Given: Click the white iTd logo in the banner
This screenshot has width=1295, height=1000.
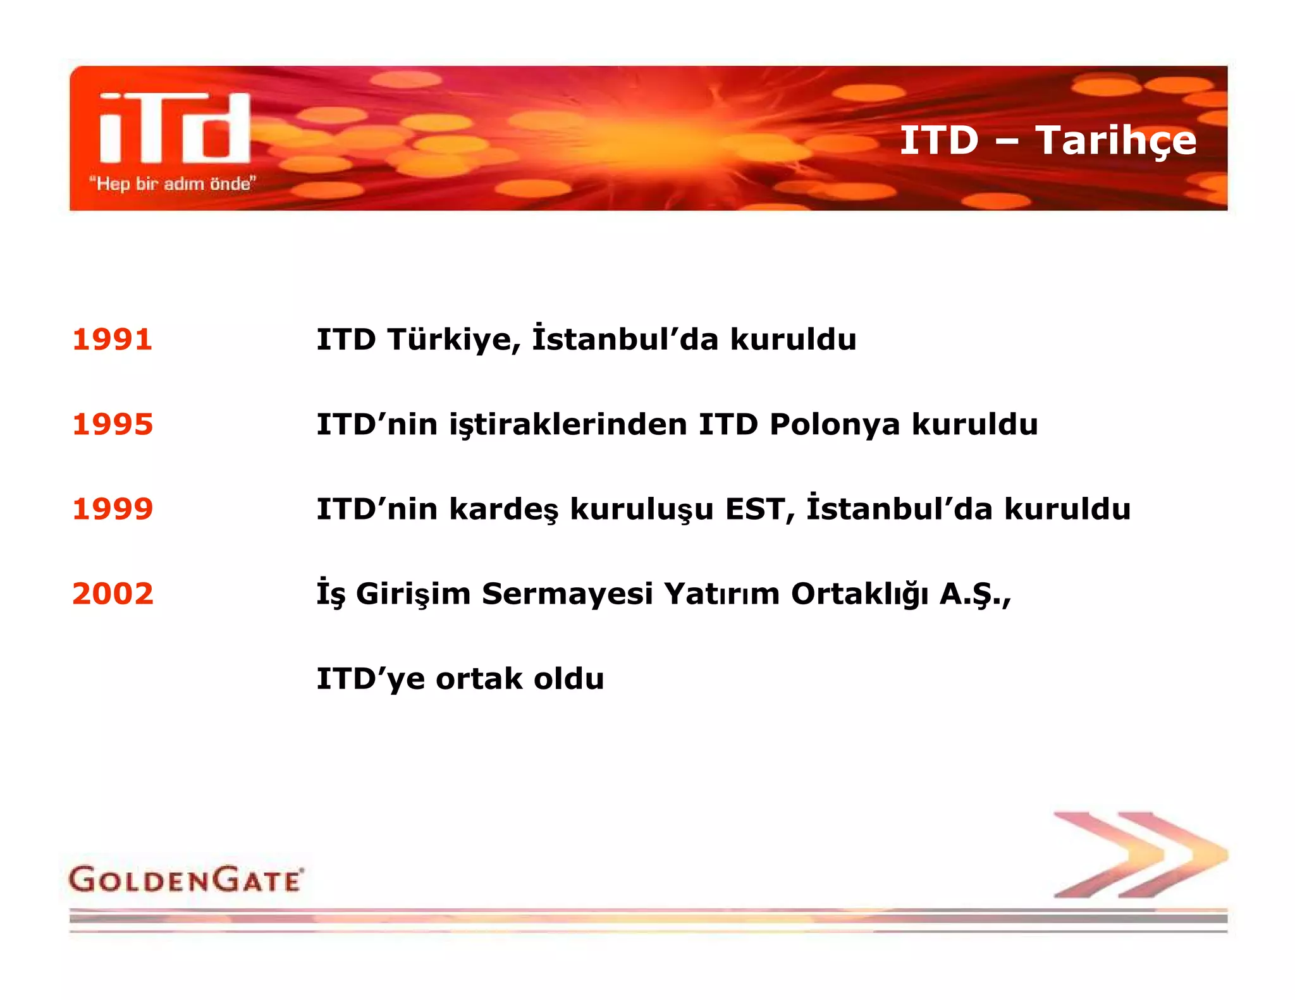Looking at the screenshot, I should [175, 128].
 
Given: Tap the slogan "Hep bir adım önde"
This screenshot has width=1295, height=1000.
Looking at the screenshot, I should [172, 184].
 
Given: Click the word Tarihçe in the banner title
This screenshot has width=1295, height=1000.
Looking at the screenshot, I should [1116, 140].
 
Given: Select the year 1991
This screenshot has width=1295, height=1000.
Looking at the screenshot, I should [113, 339].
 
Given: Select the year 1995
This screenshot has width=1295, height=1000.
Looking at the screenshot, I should [113, 424].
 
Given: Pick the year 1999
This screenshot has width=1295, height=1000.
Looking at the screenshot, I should [113, 509].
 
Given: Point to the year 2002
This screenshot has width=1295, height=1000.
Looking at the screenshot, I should [113, 594].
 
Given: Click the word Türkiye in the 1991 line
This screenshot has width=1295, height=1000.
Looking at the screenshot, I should [454, 339].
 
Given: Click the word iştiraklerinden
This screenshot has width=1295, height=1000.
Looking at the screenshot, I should [568, 425].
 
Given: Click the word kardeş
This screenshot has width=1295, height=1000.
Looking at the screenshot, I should [503, 509].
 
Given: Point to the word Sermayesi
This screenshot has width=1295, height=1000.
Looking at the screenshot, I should [567, 594].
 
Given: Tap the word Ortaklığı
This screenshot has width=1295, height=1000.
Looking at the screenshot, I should [859, 594].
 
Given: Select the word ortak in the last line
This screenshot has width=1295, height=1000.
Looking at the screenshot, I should [479, 679].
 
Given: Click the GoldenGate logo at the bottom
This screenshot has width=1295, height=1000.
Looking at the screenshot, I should [186, 879].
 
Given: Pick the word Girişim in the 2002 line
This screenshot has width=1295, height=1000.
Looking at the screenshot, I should [413, 594].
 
